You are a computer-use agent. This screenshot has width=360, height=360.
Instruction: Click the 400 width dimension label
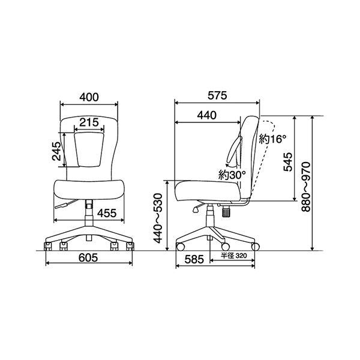coord(89,97)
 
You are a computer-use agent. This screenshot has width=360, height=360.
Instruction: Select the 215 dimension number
coord(89,122)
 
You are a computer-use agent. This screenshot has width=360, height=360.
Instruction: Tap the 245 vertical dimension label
coord(56,151)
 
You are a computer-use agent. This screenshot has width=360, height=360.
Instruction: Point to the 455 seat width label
coord(107,213)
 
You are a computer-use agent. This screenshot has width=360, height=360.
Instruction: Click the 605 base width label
coord(88,257)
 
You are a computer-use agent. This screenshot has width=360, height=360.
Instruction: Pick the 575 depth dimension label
coord(217,95)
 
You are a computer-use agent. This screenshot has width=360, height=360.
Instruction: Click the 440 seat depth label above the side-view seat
coord(207,115)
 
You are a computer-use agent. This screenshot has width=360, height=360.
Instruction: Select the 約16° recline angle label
coord(273,139)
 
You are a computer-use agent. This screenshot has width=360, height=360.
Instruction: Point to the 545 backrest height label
coord(288,161)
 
